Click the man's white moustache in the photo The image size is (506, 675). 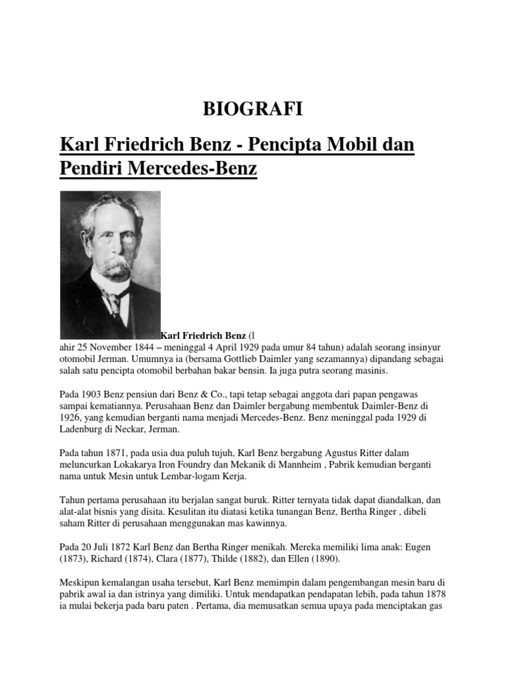(x=109, y=265)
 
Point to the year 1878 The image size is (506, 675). (x=439, y=595)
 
